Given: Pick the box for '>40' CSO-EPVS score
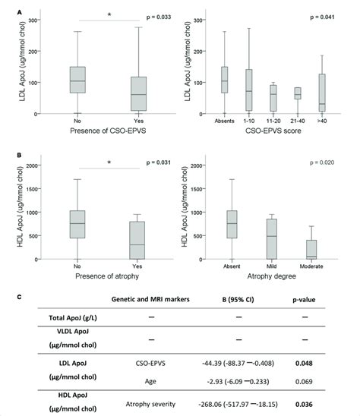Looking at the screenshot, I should [322, 93].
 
